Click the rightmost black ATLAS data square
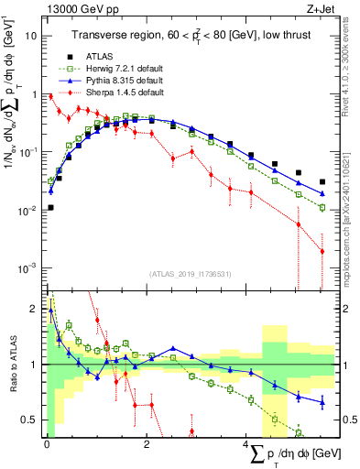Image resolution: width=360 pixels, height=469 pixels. pyautogui.click(x=322, y=181)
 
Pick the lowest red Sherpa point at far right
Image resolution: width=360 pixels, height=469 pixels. pyautogui.click(x=322, y=251)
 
